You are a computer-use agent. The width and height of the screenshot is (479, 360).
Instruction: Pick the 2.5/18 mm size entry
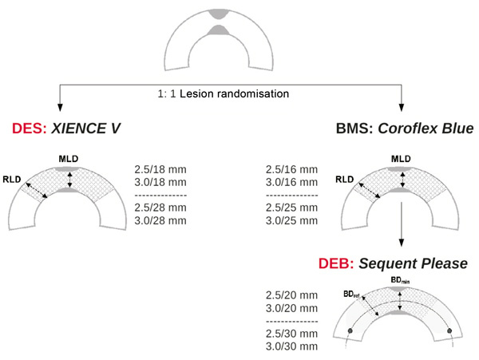tap(161, 170)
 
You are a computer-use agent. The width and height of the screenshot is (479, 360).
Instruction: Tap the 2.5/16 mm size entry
tap(291, 170)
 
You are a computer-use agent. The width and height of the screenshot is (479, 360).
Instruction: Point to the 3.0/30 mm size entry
tap(291, 346)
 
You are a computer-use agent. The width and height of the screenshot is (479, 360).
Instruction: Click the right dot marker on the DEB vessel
tap(451, 330)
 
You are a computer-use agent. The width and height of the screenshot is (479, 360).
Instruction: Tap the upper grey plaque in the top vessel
tap(216, 14)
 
